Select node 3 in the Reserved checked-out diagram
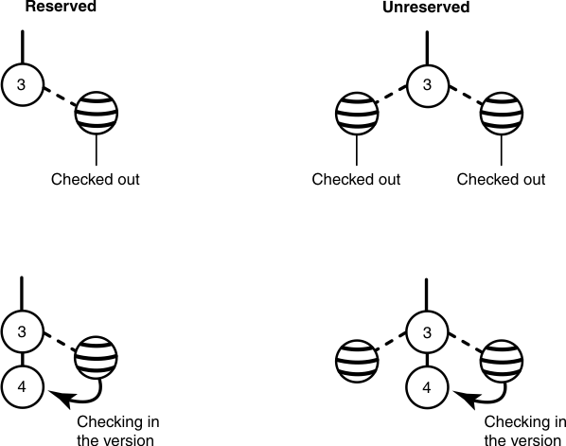(x=21, y=85)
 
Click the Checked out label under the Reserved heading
(x=95, y=179)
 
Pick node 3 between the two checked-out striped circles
(x=427, y=85)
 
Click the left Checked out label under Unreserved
(x=356, y=179)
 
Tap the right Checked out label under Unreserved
(x=501, y=179)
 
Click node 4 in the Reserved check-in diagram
(x=21, y=386)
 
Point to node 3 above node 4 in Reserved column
(x=21, y=332)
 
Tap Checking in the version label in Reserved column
(x=111, y=431)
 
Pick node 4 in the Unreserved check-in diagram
(x=427, y=386)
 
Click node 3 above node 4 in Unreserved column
(x=427, y=332)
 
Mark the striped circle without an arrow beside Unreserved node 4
(x=357, y=361)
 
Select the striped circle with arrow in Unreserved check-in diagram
(x=501, y=361)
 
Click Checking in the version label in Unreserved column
(x=519, y=431)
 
